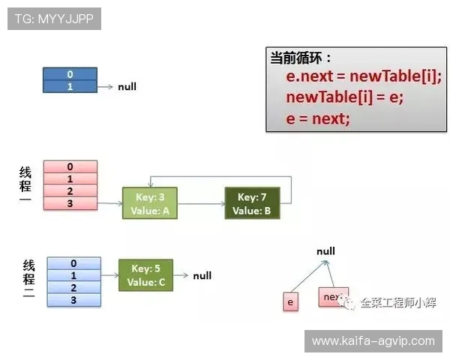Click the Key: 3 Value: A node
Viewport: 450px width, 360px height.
tap(149, 203)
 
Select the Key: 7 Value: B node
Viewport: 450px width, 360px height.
tap(252, 203)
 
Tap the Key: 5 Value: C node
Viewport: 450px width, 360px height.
tap(146, 275)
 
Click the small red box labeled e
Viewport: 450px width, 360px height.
tap(290, 301)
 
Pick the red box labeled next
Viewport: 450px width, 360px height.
tap(333, 297)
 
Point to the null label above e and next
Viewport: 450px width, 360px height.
tap(325, 251)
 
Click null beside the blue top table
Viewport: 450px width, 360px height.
tap(127, 87)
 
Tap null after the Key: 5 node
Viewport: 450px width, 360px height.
tap(202, 276)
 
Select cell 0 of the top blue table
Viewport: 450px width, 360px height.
tap(70, 74)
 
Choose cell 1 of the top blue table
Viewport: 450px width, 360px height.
tap(70, 87)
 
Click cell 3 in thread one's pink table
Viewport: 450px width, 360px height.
tap(70, 204)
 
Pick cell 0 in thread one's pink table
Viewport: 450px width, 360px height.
tap(70, 166)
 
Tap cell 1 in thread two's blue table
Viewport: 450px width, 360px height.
tap(73, 275)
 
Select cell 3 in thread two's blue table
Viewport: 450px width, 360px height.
tap(73, 300)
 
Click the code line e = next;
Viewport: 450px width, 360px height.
tap(318, 118)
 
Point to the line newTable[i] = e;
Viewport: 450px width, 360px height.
tap(344, 97)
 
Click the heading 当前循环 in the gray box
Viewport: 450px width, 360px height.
tap(301, 58)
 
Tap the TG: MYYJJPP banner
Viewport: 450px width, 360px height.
tap(54, 19)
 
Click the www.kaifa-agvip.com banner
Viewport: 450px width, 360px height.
tap(373, 341)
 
